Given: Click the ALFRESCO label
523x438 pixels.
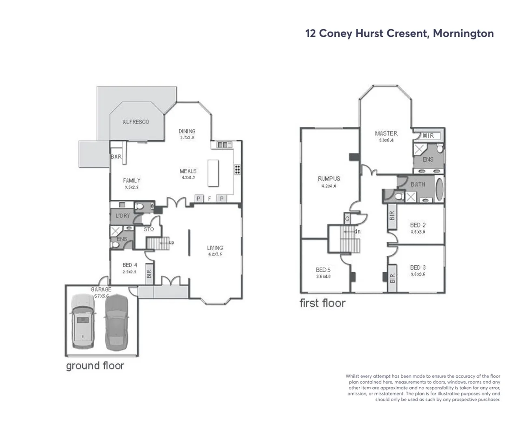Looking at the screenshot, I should pyautogui.click(x=136, y=122).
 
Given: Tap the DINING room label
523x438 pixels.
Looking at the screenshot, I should pyautogui.click(x=187, y=131).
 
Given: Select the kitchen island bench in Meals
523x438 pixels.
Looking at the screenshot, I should pyautogui.click(x=213, y=173).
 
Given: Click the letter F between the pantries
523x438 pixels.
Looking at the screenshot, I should pyautogui.click(x=210, y=199).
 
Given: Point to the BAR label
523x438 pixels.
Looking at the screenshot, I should pyautogui.click(x=116, y=157).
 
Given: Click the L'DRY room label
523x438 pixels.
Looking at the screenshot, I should pyautogui.click(x=123, y=216).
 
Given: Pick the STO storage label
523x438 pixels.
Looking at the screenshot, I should pyautogui.click(x=149, y=229).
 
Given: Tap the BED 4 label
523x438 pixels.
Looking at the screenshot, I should pyautogui.click(x=130, y=265).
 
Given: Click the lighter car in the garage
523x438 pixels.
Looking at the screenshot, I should pyautogui.click(x=83, y=322).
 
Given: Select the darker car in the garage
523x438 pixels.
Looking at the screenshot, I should pyautogui.click(x=116, y=322).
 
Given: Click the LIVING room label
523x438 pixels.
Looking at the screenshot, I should pyautogui.click(x=215, y=248).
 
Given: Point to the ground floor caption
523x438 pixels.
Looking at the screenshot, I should pyautogui.click(x=95, y=366).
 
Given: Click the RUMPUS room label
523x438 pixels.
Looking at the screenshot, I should pyautogui.click(x=329, y=178).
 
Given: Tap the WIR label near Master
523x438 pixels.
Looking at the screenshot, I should pyautogui.click(x=428, y=135).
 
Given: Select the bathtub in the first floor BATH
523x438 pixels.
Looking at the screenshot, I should pyautogui.click(x=439, y=189).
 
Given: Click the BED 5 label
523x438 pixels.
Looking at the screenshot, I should pyautogui.click(x=323, y=270).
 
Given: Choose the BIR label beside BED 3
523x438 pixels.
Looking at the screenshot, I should pyautogui.click(x=392, y=278).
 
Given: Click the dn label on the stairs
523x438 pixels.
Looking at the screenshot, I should pyautogui.click(x=357, y=232).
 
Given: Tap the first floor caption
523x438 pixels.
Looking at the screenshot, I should pyautogui.click(x=323, y=303).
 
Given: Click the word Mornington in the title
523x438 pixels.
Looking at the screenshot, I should pyautogui.click(x=463, y=33).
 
